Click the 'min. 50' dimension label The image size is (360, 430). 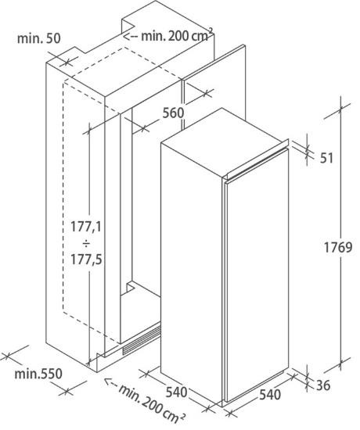coord(38,38)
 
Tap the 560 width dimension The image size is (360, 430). coord(173,113)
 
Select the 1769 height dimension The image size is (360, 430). coord(338,248)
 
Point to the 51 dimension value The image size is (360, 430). coord(326,158)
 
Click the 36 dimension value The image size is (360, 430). coord(323,385)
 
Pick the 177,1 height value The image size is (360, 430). coord(86,227)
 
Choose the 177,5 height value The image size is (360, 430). coord(86,260)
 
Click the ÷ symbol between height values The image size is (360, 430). coord(86,243)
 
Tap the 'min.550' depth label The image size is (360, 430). coord(38,374)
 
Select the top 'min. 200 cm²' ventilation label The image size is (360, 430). coord(177,35)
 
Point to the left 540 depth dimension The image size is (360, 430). coord(176,392)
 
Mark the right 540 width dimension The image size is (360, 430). coord(270,395)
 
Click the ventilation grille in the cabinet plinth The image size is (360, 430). coord(142,341)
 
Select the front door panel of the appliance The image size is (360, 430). coord(257,276)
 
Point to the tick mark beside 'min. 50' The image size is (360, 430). coord(67,63)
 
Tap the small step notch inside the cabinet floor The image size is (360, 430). coord(131,288)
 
